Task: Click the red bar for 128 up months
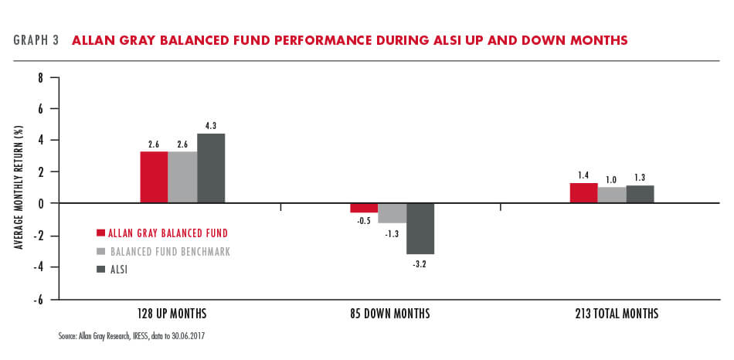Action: click(x=154, y=177)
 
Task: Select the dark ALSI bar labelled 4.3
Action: click(x=211, y=168)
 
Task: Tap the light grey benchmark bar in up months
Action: click(x=182, y=177)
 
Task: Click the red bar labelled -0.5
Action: click(x=364, y=208)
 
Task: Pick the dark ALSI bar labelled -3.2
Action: click(x=420, y=229)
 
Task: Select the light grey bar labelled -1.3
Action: click(x=392, y=213)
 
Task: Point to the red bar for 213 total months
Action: click(x=584, y=193)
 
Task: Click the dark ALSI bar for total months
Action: click(x=640, y=194)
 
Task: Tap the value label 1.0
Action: click(x=611, y=179)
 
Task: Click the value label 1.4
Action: click(x=583, y=175)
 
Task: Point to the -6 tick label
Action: click(x=39, y=299)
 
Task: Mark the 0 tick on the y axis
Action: click(x=41, y=202)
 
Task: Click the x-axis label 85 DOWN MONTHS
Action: click(x=389, y=313)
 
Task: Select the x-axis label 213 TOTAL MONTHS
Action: click(x=617, y=313)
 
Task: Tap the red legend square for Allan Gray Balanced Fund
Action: click(x=100, y=233)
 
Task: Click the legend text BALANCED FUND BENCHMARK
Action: click(x=169, y=252)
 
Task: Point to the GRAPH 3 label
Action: click(x=36, y=40)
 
